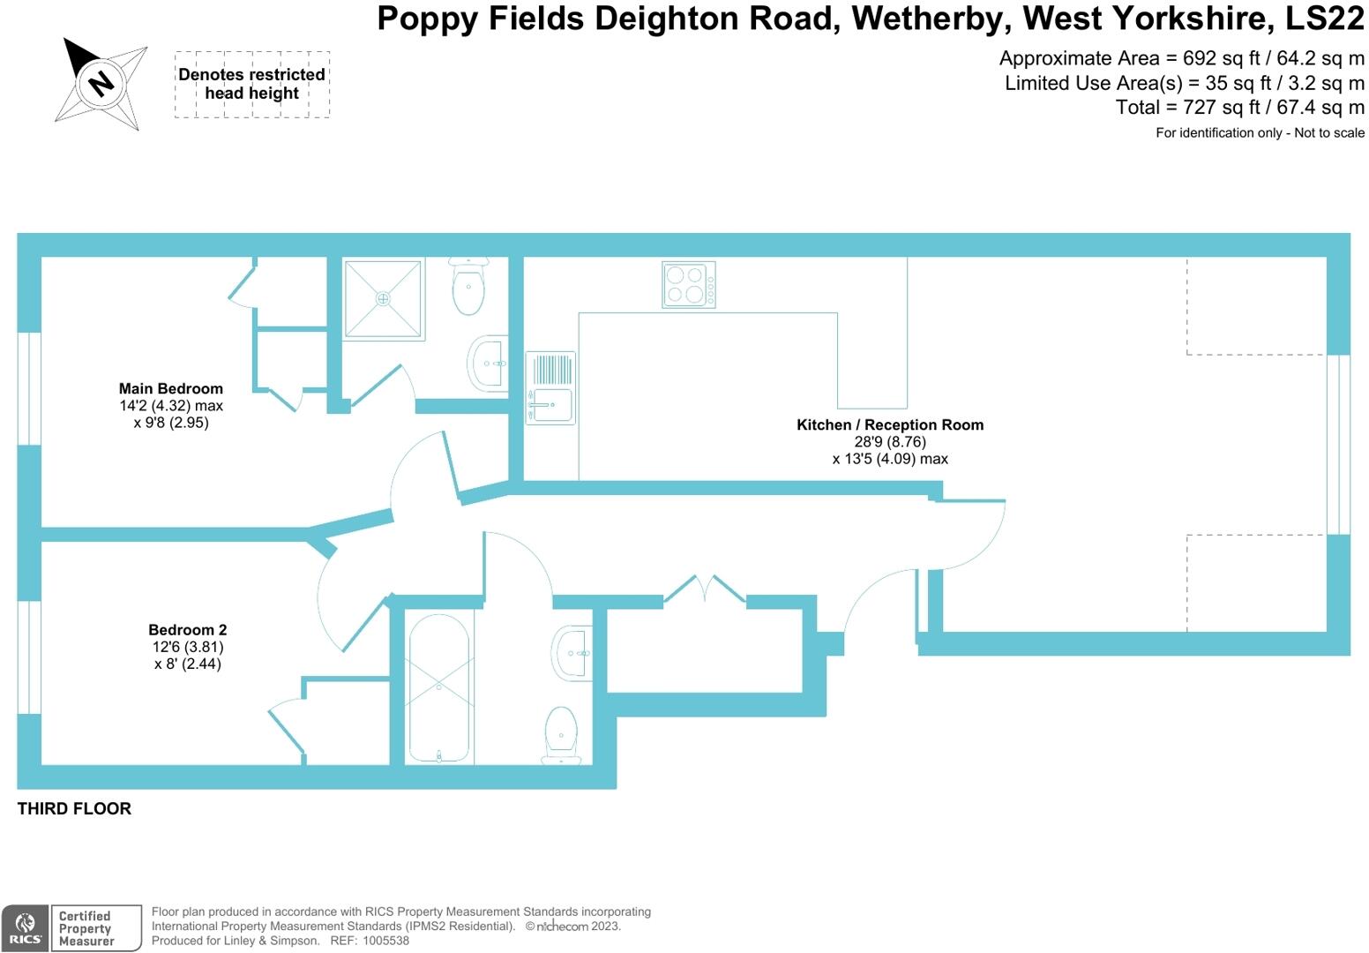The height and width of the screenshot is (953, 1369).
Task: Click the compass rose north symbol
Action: click(x=101, y=83)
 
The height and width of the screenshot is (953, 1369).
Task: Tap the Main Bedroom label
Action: click(x=171, y=388)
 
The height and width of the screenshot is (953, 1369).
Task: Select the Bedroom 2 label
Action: click(x=187, y=630)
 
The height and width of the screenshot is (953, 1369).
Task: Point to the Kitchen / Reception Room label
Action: click(x=890, y=424)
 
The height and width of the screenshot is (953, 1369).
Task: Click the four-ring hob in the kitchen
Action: click(x=689, y=285)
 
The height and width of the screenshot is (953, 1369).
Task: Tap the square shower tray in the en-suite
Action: click(x=383, y=298)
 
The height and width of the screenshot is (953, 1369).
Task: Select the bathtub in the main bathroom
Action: click(x=439, y=687)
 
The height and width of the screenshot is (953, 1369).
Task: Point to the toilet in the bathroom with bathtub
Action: click(x=561, y=733)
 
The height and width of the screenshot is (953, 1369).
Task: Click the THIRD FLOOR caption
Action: click(x=74, y=808)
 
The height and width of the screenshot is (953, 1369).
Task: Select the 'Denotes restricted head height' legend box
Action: click(x=251, y=85)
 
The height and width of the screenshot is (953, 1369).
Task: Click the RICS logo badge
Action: click(x=26, y=928)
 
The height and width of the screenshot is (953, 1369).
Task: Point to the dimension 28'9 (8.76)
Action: click(x=890, y=442)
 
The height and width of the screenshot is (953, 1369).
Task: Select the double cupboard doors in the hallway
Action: click(x=705, y=589)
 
